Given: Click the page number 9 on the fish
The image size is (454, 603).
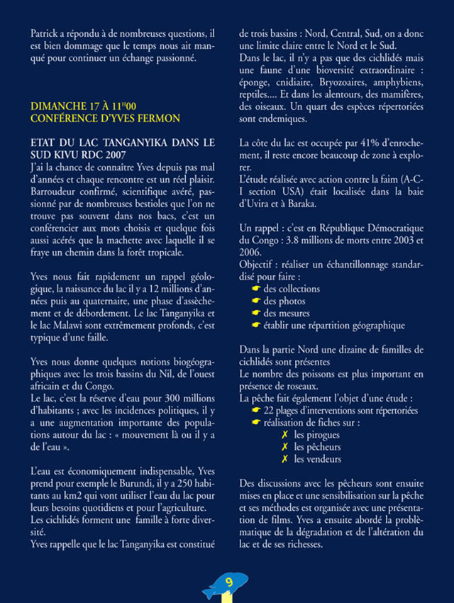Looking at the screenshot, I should tap(228, 582).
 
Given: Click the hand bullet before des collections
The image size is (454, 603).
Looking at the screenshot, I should tap(256, 289).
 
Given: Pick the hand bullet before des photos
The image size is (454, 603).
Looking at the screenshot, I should tap(256, 301).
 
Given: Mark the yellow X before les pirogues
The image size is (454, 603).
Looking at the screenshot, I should tap(284, 435).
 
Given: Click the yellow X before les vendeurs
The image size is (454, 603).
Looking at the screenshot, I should tap(284, 459).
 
